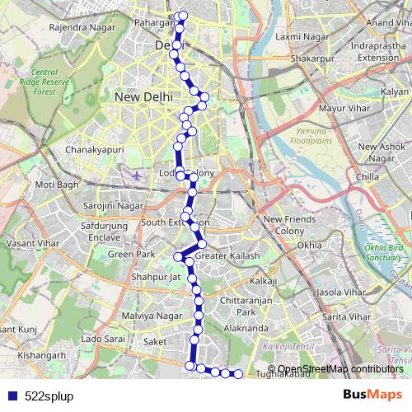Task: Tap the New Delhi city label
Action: coord(144,96)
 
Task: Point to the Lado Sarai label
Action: coord(103,339)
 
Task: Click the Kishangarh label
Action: coord(41,355)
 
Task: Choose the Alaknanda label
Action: coord(246,328)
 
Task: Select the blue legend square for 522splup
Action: coord(9,396)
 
